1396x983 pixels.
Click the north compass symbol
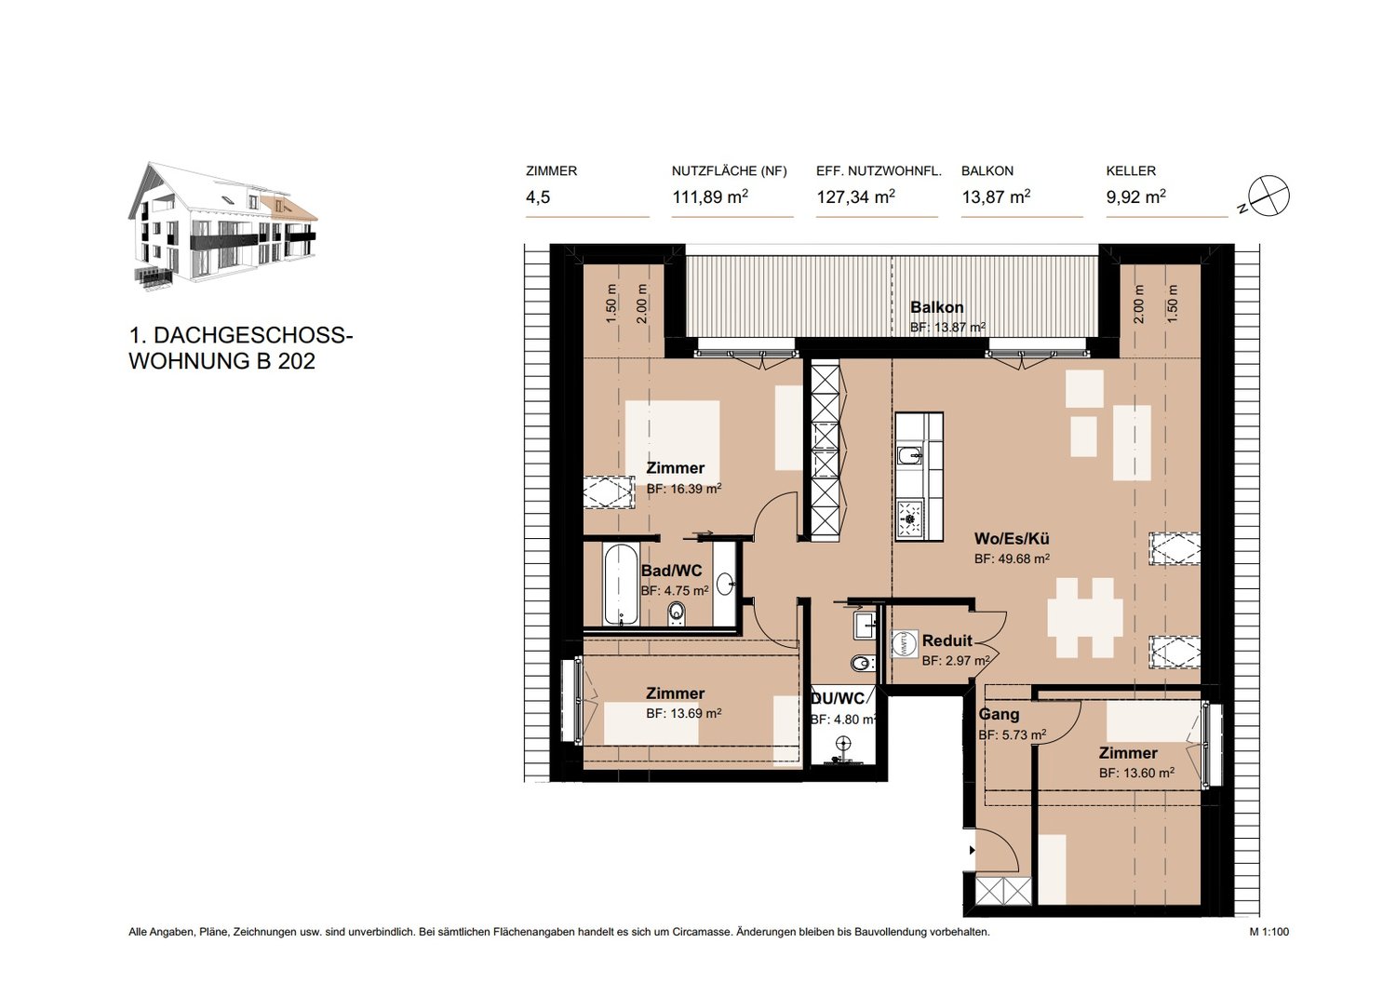coord(1268,196)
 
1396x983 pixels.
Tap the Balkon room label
coord(936,307)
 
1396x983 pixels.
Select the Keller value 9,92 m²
coord(1135,197)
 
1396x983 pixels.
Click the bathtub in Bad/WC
coord(621,584)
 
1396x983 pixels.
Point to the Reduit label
coord(947,640)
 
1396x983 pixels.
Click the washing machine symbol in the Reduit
coord(906,643)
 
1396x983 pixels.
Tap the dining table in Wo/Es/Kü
coord(1085,617)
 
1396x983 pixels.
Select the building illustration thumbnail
coord(222,227)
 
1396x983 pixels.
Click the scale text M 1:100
coord(1268,949)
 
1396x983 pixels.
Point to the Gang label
coord(999,714)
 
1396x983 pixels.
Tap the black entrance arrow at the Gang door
coord(972,850)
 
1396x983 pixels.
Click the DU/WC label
coord(839,698)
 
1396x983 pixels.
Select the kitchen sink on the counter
coord(910,455)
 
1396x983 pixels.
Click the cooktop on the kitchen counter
coord(910,518)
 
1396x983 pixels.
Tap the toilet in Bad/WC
coord(677,614)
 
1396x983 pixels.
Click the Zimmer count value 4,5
coord(538,197)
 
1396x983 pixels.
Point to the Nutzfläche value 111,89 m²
coord(710,197)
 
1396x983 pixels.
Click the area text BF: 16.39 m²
coord(684,489)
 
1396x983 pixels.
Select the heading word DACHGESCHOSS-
coord(253,335)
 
